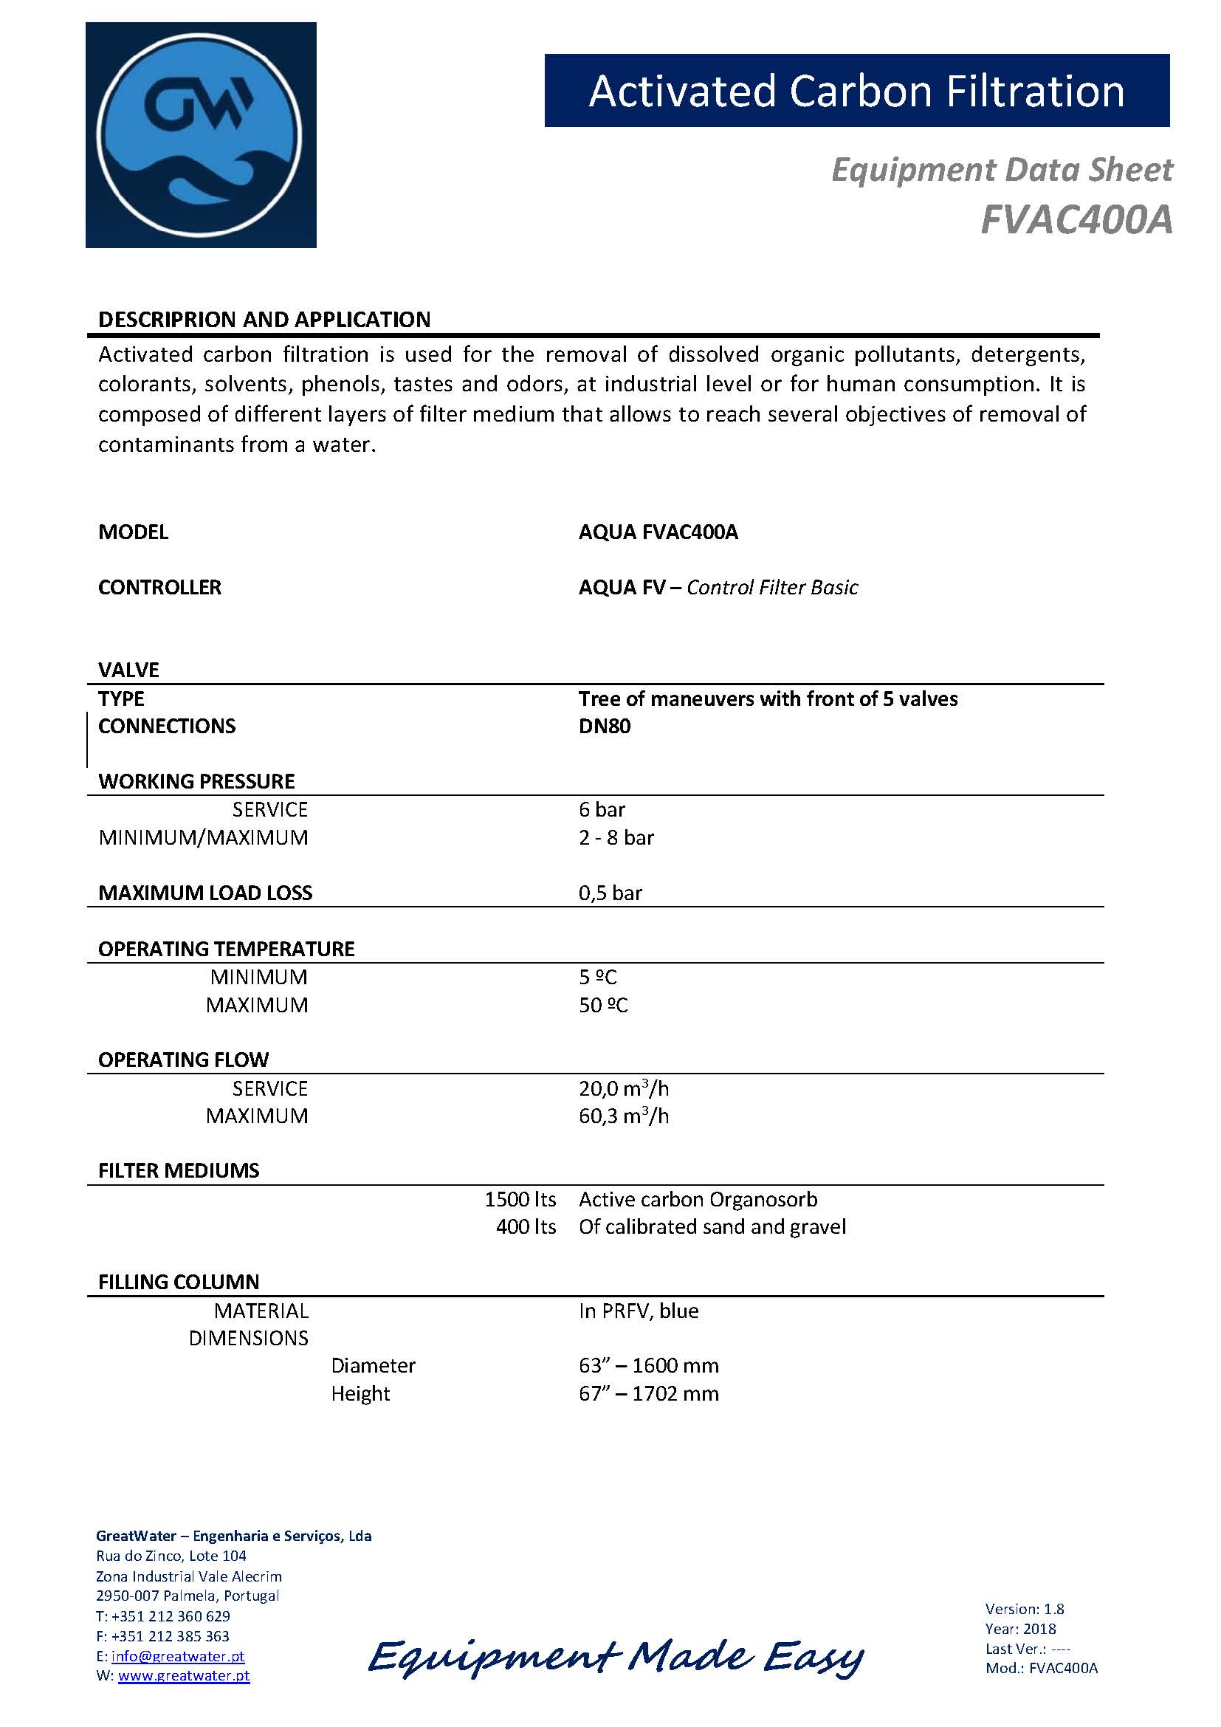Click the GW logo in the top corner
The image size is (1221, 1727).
[x=201, y=135]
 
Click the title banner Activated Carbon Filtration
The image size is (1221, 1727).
[x=856, y=91]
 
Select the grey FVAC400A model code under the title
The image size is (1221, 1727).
[x=1076, y=219]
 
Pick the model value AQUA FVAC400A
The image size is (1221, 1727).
[x=658, y=532]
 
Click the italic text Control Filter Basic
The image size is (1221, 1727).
[x=771, y=588]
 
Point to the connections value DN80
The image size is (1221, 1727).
[x=605, y=727]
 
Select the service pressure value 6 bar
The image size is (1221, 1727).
[x=602, y=810]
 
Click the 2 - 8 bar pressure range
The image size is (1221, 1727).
[x=616, y=838]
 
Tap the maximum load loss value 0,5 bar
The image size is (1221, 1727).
[x=610, y=893]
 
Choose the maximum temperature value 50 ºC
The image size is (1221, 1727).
[x=602, y=1006]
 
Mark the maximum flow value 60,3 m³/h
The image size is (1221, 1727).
[x=623, y=1116]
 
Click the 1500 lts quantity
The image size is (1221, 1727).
[x=520, y=1200]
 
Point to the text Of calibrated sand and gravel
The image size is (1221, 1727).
[x=712, y=1228]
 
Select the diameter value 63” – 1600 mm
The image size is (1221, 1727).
[x=648, y=1366]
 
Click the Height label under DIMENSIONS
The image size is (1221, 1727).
[x=360, y=1394]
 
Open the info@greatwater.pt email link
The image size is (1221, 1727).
[x=177, y=1656]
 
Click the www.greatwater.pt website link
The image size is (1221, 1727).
[x=184, y=1676]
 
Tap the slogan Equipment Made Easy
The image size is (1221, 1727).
[x=616, y=1657]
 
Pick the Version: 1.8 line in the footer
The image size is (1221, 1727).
[x=1024, y=1609]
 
